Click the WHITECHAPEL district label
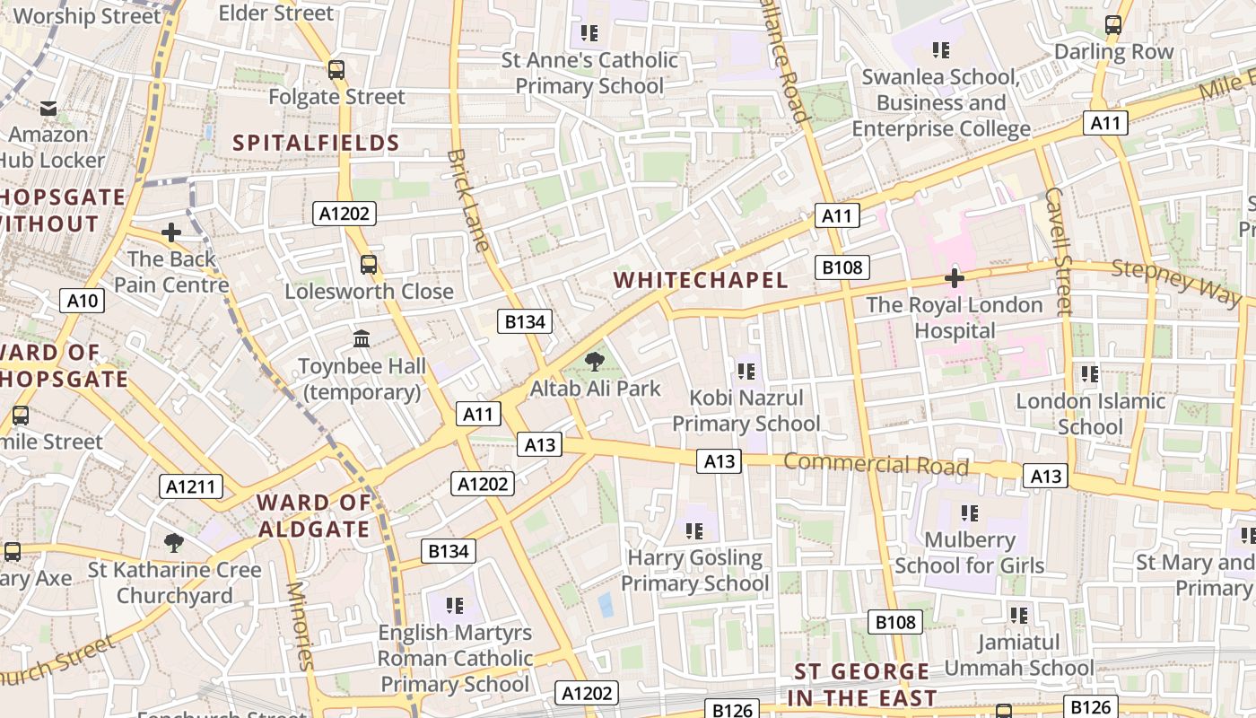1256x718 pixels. [x=701, y=280]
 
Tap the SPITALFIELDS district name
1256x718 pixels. [x=316, y=143]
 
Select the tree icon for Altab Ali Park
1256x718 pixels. [x=594, y=362]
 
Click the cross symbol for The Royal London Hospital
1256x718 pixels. [x=955, y=278]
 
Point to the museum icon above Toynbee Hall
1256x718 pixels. [x=362, y=339]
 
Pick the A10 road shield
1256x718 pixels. [x=83, y=300]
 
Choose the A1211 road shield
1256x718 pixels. [x=191, y=486]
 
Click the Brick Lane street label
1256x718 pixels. [x=468, y=200]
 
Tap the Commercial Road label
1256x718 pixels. [x=877, y=464]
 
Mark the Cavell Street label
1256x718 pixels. [x=1059, y=251]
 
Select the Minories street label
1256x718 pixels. [x=300, y=626]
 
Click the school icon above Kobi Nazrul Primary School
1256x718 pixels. [x=746, y=371]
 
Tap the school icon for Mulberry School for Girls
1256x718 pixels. [x=969, y=513]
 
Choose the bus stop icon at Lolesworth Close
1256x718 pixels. [x=369, y=264]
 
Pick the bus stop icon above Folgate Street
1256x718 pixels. [x=336, y=69]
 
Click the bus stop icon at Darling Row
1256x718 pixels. [x=1113, y=25]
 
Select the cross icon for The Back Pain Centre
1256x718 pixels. [x=171, y=232]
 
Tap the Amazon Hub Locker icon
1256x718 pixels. [x=48, y=109]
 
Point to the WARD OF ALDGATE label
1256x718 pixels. [x=314, y=516]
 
